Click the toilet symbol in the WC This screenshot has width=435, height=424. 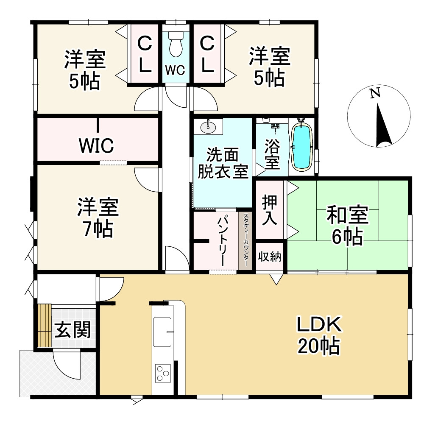(175, 44)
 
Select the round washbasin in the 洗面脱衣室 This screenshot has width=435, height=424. (208, 126)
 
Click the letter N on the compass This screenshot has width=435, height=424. (374, 94)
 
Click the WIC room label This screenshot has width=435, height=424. (96, 145)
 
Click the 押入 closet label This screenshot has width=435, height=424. (270, 210)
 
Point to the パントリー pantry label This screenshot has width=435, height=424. (223, 240)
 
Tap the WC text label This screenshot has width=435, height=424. (175, 70)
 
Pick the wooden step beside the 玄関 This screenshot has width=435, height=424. (44, 326)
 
